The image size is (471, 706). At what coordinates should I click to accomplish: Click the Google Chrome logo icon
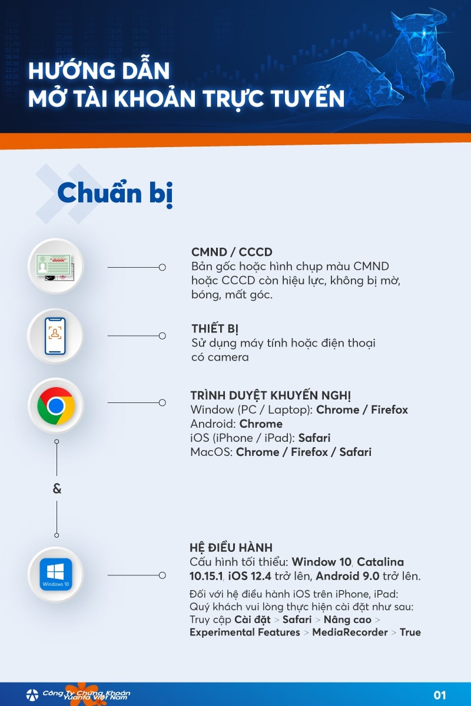[x=56, y=405]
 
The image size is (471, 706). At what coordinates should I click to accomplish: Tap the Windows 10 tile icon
[x=56, y=574]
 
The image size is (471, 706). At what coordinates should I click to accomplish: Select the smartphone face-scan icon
[x=55, y=336]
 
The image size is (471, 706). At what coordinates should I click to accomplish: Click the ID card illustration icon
[x=55, y=267]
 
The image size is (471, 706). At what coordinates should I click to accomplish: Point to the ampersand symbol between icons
[x=57, y=489]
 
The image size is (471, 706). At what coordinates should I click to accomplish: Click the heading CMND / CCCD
[x=231, y=252]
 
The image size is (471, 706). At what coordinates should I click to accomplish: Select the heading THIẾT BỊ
[x=215, y=329]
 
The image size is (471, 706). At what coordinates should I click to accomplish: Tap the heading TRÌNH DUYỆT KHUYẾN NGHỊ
[x=271, y=395]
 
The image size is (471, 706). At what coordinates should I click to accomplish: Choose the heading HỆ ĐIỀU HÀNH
[x=231, y=548]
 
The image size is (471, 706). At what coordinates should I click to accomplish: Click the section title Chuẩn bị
[x=115, y=193]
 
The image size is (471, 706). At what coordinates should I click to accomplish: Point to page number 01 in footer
[x=440, y=695]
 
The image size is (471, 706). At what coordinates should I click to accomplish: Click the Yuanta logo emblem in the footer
[x=32, y=695]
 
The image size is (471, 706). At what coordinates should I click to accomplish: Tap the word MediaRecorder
[x=350, y=632]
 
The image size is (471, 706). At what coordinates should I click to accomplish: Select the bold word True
[x=410, y=632]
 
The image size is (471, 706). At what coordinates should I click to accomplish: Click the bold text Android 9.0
[x=347, y=576]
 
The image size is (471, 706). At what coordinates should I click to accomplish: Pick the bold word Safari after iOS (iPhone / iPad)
[x=314, y=438]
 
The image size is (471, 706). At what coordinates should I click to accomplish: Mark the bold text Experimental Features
[x=245, y=632]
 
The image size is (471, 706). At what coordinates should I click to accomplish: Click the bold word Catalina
[x=380, y=562]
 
